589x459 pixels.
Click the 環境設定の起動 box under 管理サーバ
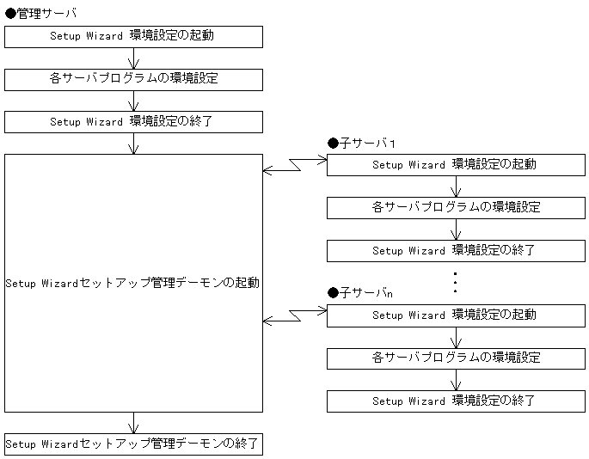tap(133, 36)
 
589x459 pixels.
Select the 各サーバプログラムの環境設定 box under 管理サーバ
tap(133, 79)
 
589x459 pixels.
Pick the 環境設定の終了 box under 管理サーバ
tap(133, 122)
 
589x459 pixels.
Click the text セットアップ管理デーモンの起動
tap(132, 283)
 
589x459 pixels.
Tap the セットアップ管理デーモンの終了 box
tap(133, 444)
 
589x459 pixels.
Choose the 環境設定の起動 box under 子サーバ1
tap(455, 164)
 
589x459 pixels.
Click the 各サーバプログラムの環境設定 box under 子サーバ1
tap(455, 207)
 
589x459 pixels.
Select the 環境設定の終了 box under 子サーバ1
tap(455, 251)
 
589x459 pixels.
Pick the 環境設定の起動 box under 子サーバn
tap(455, 315)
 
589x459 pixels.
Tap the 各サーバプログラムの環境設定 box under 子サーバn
tap(455, 358)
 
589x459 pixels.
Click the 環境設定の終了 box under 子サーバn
tap(455, 401)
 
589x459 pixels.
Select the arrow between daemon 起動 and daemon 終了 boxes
tap(133, 423)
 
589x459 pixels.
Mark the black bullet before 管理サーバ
tap(10, 14)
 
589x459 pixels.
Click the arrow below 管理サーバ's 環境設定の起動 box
tap(133, 58)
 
